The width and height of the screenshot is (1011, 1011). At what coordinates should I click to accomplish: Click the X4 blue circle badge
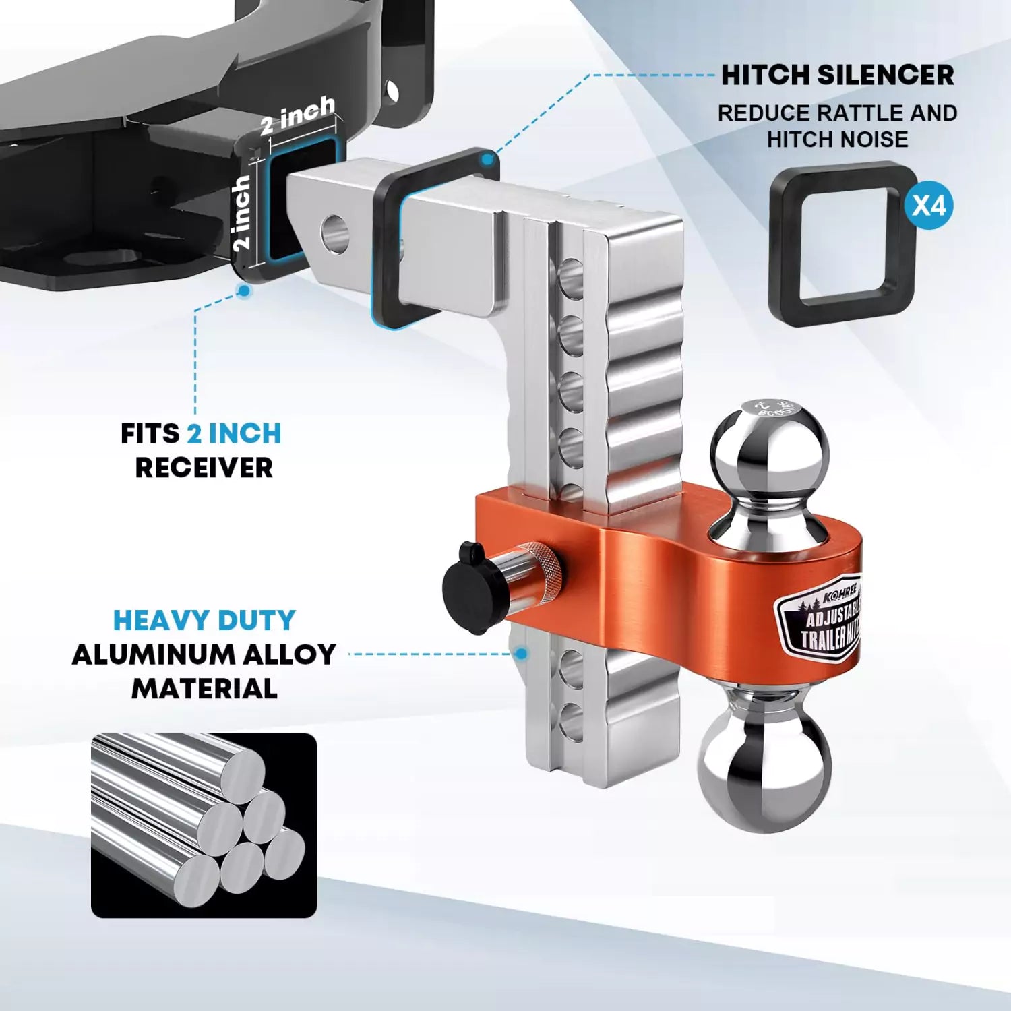tap(929, 205)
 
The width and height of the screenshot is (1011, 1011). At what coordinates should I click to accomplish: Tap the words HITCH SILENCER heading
tap(837, 75)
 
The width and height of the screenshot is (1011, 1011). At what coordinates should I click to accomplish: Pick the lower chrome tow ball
tap(765, 768)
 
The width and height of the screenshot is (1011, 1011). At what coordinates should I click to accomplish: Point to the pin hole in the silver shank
tap(334, 235)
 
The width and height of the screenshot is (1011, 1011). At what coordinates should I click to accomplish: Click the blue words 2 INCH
tap(234, 434)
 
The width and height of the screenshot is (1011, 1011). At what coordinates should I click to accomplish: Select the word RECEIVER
tap(204, 468)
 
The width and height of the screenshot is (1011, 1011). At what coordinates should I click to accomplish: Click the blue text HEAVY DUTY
tap(204, 620)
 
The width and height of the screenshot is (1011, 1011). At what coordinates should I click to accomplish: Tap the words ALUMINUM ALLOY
tap(204, 654)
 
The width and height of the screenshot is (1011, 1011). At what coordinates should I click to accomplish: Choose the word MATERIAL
tap(204, 689)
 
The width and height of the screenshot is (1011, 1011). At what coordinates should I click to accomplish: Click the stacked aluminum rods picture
tap(204, 825)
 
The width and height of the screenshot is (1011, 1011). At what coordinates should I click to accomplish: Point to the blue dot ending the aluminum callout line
tap(520, 654)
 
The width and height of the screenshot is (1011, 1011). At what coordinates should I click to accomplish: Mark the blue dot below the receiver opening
tap(244, 290)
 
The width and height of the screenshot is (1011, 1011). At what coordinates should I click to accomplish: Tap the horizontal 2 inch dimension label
tap(297, 115)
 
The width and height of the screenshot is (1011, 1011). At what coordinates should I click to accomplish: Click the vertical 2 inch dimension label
tap(241, 213)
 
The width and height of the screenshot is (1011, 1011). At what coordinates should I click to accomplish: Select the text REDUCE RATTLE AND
tap(837, 113)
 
